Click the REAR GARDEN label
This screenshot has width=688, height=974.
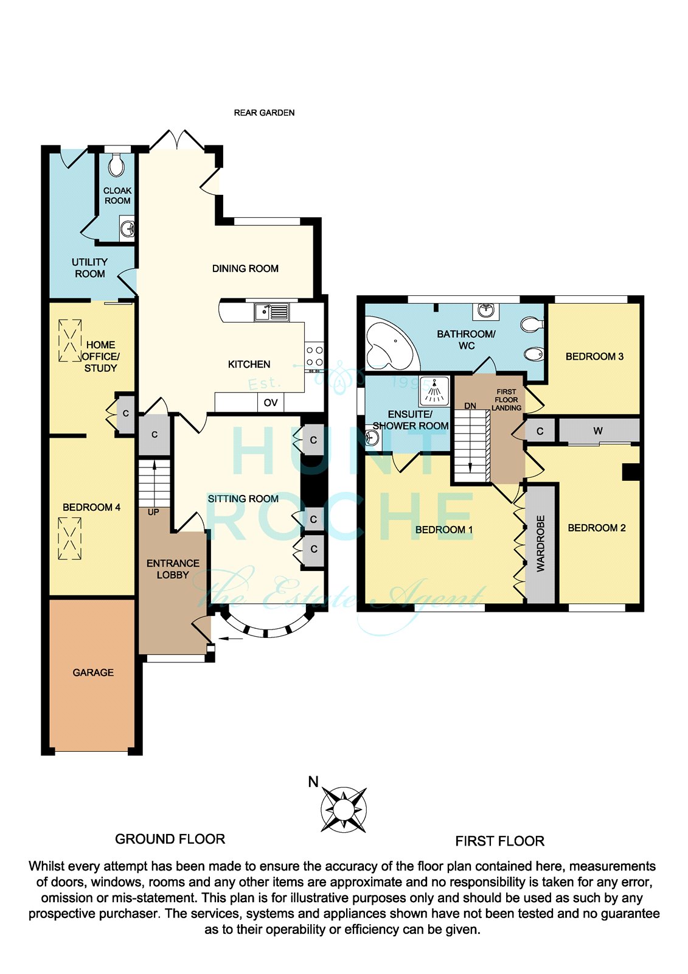click(264, 113)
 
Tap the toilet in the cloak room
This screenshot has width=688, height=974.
click(116, 164)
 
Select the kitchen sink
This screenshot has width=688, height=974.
click(272, 312)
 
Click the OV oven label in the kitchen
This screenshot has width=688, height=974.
click(270, 402)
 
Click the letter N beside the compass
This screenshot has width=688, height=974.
click(313, 782)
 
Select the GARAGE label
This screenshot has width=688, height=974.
click(93, 673)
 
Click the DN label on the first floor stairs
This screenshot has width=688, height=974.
click(470, 405)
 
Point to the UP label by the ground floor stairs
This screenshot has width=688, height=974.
click(153, 512)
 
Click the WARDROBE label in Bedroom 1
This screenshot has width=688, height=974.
click(540, 544)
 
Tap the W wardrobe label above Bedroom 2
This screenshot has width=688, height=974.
click(598, 431)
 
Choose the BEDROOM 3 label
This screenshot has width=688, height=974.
click(594, 357)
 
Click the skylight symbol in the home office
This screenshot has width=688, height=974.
click(70, 340)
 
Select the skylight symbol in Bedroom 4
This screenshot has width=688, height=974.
click(69, 538)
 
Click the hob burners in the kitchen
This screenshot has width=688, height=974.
click(314, 357)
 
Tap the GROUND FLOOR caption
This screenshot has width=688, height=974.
click(170, 839)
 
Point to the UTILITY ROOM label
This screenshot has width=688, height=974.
click(89, 268)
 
